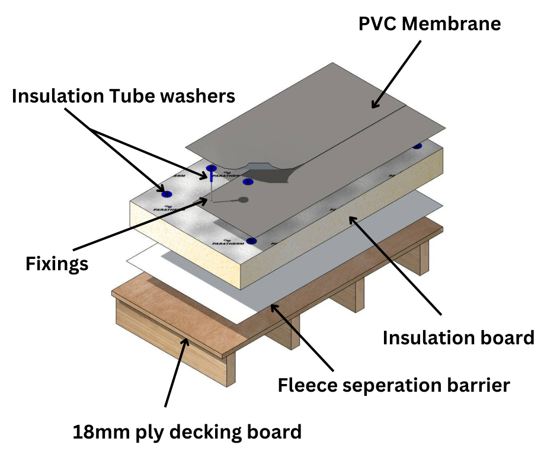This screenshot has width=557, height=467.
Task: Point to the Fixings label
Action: tap(57, 263)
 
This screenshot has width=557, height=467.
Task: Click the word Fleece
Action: tap(310, 385)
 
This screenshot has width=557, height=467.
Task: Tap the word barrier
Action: tap(481, 385)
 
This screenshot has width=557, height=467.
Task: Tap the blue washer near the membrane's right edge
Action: tap(417, 146)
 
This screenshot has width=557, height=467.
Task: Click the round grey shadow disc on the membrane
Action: tap(243, 200)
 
